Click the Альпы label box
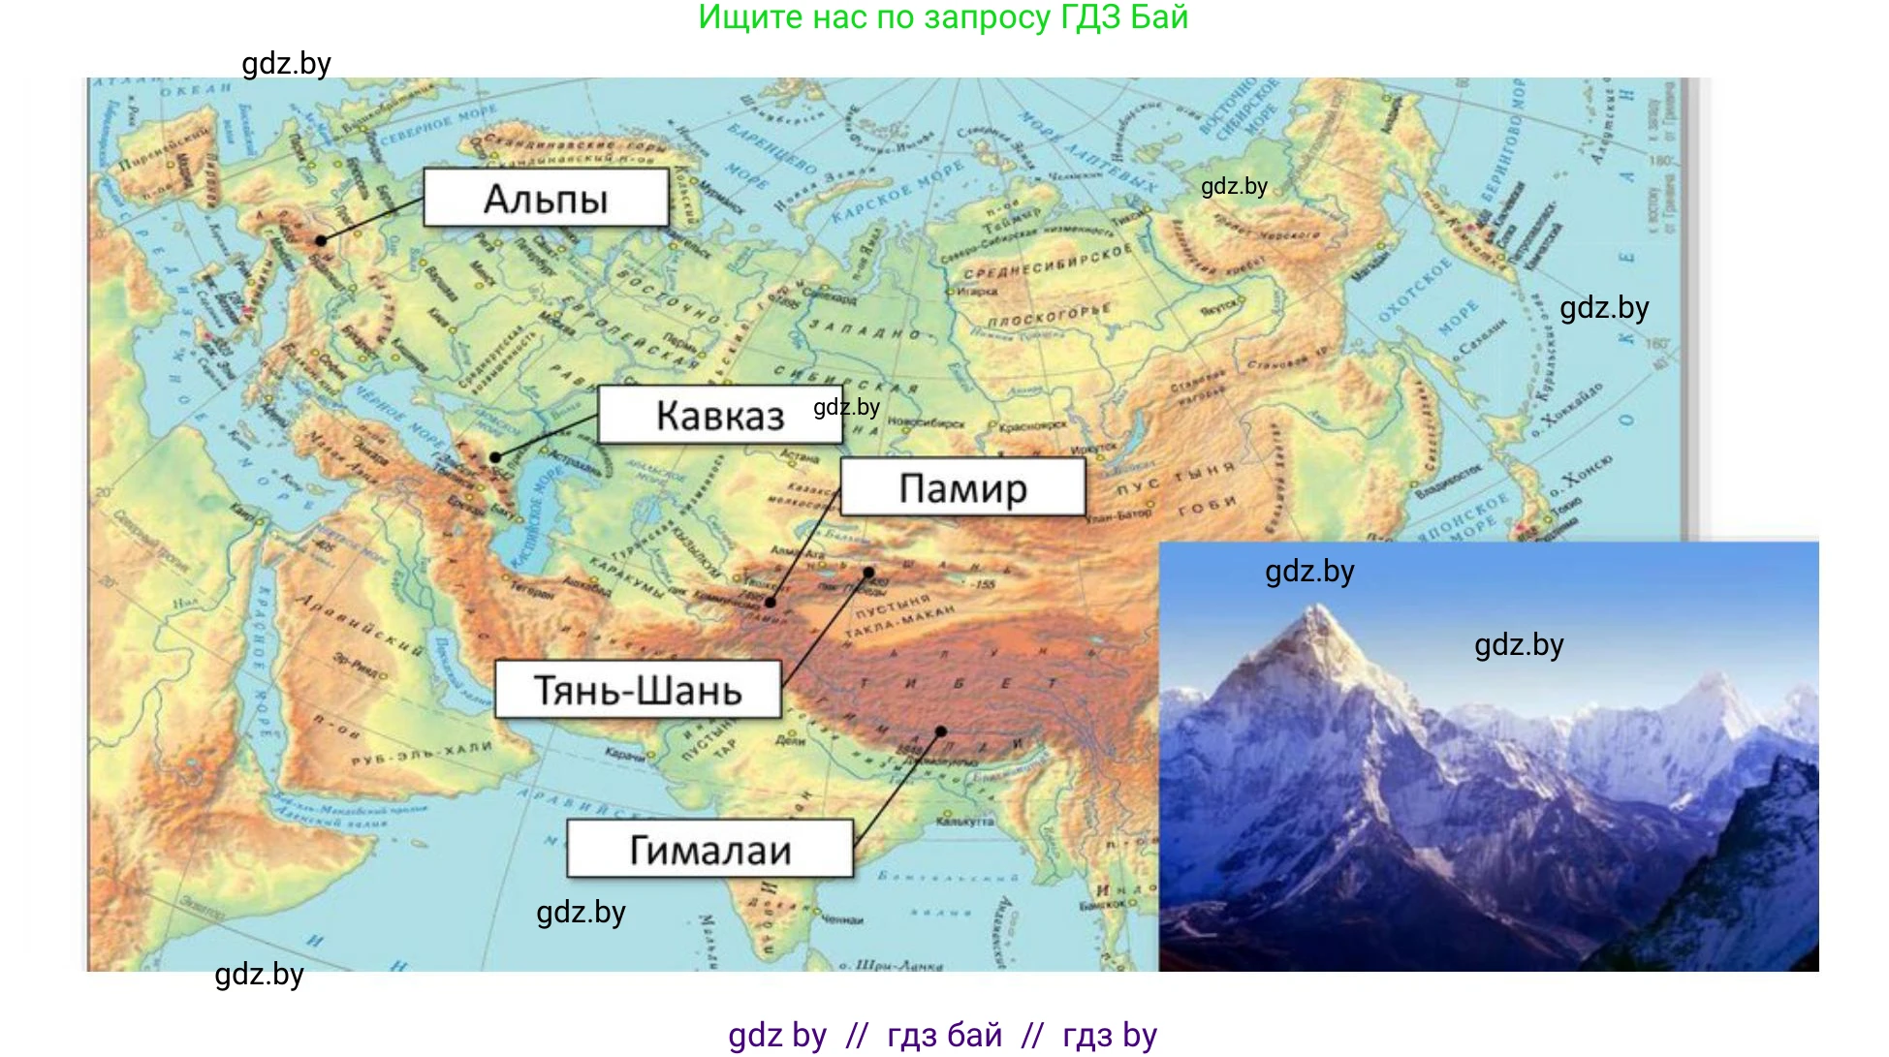coord(546,199)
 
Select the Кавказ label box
coord(719,416)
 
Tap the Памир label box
coord(962,487)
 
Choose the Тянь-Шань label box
coord(638,690)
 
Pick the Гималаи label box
coord(710,850)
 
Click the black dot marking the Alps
coord(321,240)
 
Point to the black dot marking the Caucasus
coord(495,457)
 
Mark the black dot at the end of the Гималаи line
coord(941,731)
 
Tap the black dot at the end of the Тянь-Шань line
coord(869,573)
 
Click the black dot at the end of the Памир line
coord(771,603)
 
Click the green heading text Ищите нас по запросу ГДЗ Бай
coord(943,17)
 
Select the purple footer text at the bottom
coord(943,1035)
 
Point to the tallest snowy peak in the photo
coord(1318,610)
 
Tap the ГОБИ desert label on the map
coord(1208,505)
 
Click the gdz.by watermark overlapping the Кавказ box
coord(846,407)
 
